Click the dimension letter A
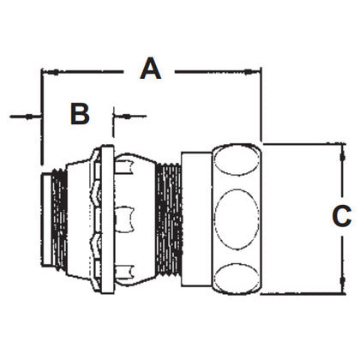click(151, 68)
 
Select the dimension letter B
click(80, 113)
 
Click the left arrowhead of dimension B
click(36, 114)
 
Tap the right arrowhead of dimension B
click(117, 114)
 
